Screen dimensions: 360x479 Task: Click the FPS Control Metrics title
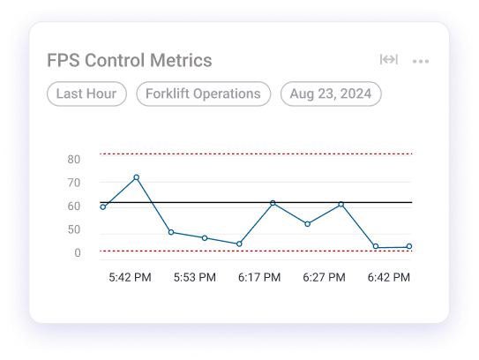130,61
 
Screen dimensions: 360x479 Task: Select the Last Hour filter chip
87,94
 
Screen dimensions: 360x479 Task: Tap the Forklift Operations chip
204,94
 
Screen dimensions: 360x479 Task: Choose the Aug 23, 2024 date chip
331,94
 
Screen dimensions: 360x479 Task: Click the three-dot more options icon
420,61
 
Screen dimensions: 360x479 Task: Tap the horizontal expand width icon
388,60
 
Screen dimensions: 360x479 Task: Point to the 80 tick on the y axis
73,160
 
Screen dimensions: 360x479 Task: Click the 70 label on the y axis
73,183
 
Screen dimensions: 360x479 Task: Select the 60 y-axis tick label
73,206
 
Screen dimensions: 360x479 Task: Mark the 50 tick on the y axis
73,229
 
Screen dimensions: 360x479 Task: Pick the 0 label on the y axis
78,253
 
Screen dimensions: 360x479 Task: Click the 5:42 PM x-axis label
130,277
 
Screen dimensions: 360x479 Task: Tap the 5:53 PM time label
194,277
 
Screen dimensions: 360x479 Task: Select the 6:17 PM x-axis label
259,277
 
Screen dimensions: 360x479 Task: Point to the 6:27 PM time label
324,277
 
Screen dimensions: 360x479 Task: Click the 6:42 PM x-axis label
388,277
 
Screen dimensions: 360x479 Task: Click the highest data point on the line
137,177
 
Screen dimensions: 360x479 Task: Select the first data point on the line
103,206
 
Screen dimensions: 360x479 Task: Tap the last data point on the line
409,247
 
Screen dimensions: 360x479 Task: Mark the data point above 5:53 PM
205,237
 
